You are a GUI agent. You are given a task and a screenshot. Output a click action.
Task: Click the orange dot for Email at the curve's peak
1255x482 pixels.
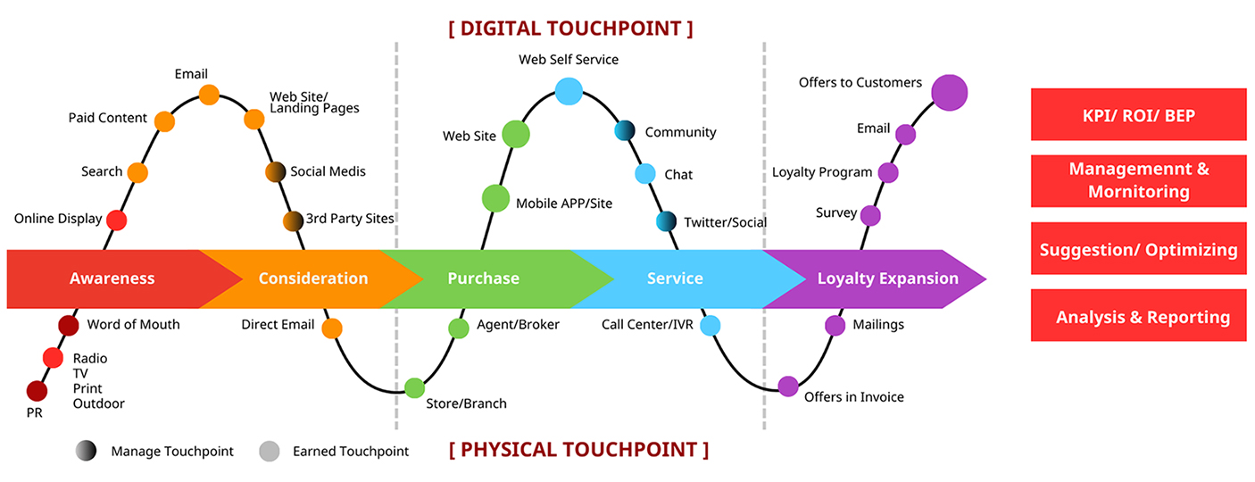[209, 95]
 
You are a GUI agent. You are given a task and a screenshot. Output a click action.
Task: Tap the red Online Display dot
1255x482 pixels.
[116, 220]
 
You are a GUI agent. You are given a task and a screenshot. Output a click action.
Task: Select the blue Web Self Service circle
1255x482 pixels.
[569, 90]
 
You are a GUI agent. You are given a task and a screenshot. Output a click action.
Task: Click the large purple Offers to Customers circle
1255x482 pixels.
[949, 92]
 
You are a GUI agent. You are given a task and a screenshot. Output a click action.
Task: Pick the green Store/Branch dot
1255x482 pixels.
[414, 387]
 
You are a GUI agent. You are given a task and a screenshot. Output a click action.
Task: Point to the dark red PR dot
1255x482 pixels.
[37, 391]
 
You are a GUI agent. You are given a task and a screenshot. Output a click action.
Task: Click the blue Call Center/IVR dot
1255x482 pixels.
[710, 326]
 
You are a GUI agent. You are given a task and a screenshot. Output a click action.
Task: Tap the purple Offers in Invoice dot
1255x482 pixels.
[788, 386]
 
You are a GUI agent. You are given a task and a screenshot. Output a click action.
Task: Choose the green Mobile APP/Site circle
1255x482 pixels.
[495, 198]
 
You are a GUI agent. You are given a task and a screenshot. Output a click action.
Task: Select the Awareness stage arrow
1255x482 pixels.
[112, 278]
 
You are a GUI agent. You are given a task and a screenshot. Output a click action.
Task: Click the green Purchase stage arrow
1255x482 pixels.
[483, 278]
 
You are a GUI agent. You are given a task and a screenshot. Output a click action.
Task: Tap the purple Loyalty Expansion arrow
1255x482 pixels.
[887, 278]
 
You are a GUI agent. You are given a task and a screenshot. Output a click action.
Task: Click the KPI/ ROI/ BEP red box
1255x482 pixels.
[1138, 115]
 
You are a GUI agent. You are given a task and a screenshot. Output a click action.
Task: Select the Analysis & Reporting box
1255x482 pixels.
[1138, 317]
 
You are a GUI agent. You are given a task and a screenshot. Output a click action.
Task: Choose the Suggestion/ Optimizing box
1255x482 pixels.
[1138, 250]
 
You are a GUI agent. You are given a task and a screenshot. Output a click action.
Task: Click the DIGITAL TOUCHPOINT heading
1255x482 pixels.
[570, 29]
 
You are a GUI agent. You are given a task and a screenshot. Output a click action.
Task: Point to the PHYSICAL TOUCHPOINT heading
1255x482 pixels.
[578, 449]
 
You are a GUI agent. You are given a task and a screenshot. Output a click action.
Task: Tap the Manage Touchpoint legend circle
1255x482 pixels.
[86, 452]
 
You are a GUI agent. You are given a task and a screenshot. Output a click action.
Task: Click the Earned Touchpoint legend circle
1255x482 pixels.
[269, 452]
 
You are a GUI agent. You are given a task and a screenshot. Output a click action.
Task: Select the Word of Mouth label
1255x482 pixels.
[133, 325]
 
